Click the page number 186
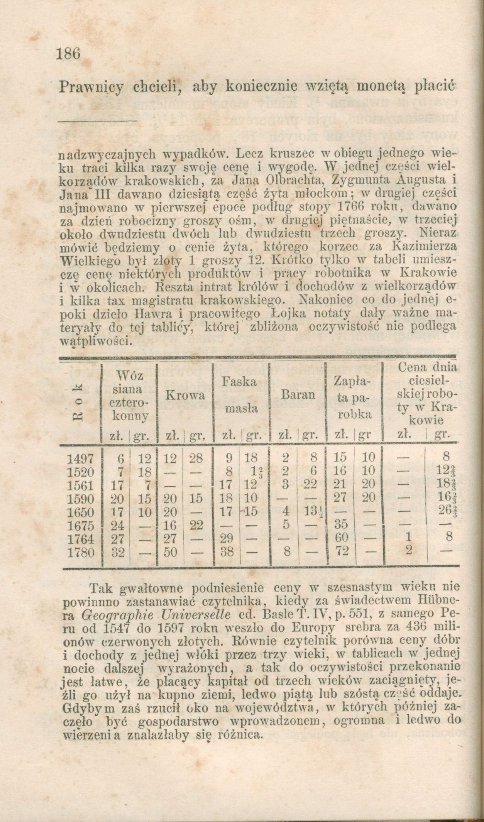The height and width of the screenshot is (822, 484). point(68,54)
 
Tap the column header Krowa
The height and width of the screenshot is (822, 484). point(185,396)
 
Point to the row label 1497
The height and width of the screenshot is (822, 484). point(81,458)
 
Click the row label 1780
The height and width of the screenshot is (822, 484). point(81,553)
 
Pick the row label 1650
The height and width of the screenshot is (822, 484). point(81,512)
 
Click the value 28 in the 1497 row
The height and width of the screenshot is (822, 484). point(196,458)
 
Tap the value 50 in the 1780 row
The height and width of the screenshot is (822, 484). point(170,553)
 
